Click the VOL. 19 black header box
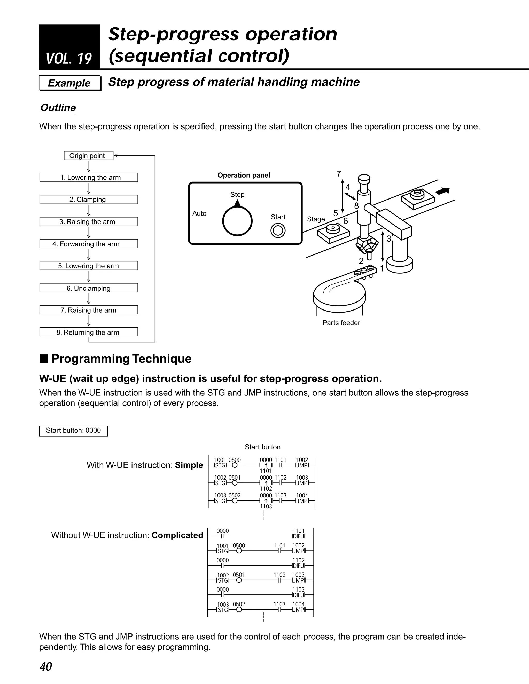pos(69,47)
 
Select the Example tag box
pos(69,83)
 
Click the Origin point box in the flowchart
pos(88,156)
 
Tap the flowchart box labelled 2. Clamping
pos(88,200)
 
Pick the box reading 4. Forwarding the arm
pos(88,244)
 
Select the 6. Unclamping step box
pos(88,288)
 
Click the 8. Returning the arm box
pos(88,332)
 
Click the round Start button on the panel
pos(278,231)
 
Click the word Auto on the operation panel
pos(199,214)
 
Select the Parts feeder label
pos(341,323)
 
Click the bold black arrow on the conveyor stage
pos(442,191)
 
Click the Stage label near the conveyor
pos(316,219)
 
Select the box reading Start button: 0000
pos(73,431)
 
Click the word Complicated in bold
pos(177,535)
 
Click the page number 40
pos(46,666)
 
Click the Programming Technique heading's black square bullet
pos(44,359)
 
